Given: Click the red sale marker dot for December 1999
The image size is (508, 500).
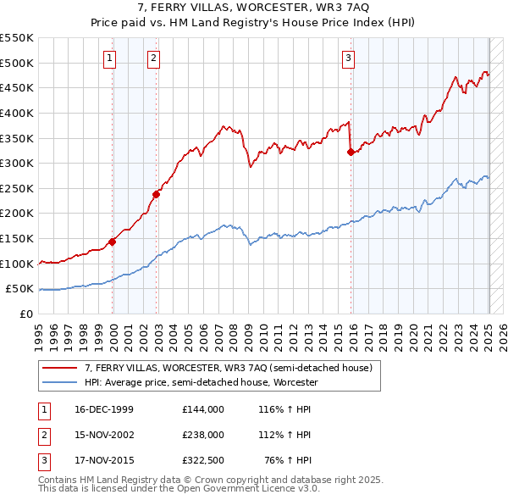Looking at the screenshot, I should [x=112, y=242].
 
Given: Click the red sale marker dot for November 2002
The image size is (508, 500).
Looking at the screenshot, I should [x=156, y=194].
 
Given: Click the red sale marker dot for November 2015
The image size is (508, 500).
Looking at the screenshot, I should [x=351, y=152].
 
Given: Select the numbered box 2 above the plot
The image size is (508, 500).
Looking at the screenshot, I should [x=153, y=58].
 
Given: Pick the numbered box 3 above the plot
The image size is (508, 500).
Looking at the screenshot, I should [x=348, y=58].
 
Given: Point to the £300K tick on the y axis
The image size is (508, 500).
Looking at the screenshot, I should [x=19, y=163].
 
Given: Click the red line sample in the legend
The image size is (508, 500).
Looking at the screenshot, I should [x=61, y=368].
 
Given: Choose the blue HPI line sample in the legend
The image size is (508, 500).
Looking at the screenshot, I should [x=61, y=382].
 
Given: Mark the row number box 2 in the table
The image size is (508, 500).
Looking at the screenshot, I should [x=43, y=435].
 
